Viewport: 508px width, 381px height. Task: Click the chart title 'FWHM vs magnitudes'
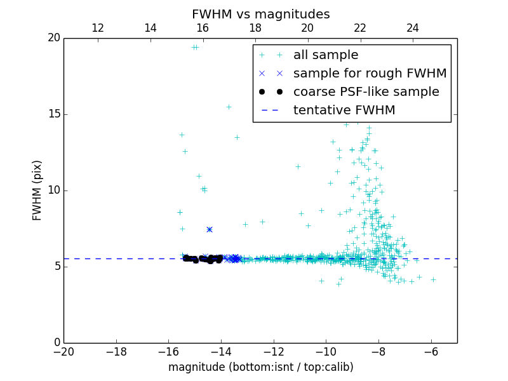point(260,14)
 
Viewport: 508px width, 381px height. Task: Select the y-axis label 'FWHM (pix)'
point(37,190)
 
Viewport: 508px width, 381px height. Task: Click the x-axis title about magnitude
point(260,367)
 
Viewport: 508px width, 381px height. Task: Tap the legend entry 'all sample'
point(325,55)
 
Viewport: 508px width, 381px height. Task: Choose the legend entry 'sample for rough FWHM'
point(370,74)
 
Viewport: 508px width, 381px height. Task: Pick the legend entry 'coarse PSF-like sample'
point(366,92)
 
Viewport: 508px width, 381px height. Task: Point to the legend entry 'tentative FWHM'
point(344,110)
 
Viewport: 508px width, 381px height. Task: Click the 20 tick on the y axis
point(53,38)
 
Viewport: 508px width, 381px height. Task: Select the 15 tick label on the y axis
point(53,114)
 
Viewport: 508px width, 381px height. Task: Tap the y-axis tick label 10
point(53,190)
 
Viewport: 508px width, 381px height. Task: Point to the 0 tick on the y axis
point(57,343)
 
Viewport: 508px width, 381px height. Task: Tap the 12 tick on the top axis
point(98,28)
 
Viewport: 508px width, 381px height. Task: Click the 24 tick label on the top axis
point(413,28)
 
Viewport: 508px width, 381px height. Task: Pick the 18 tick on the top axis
point(255,28)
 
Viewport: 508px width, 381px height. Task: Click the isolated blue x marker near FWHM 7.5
point(209,229)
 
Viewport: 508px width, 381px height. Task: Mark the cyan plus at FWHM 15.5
point(229,107)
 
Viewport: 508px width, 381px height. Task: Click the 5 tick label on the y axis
point(57,267)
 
